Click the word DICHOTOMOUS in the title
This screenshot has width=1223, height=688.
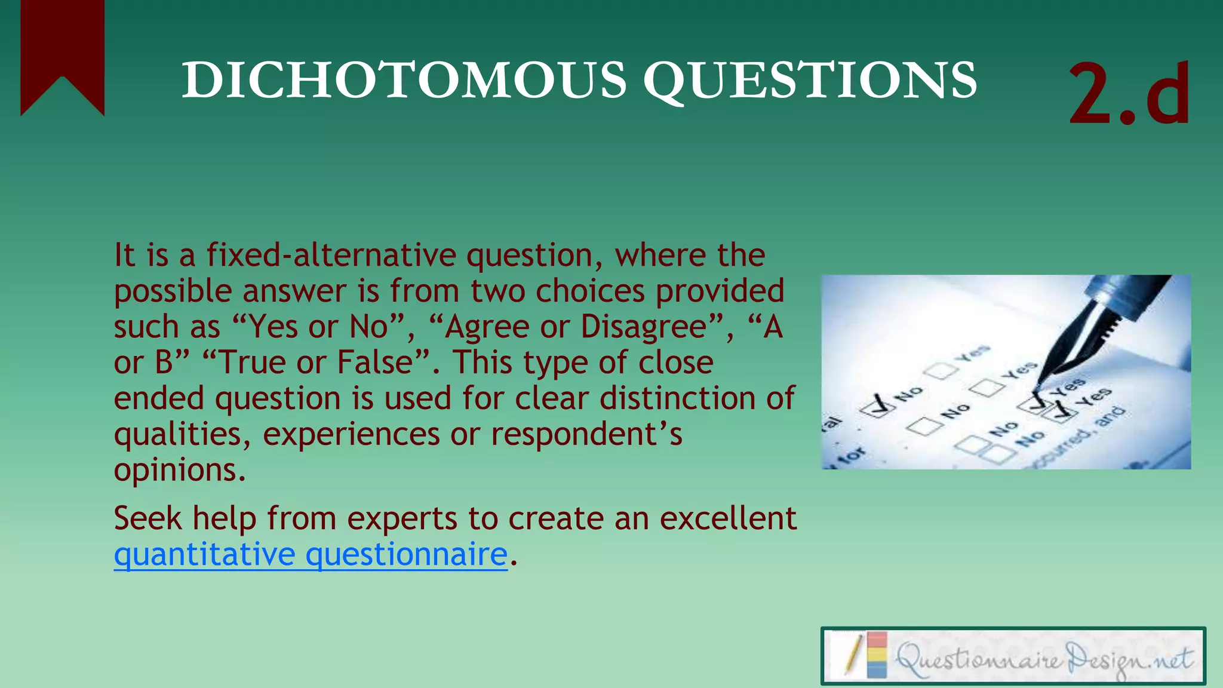click(404, 80)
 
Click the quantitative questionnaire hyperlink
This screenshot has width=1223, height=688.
click(311, 554)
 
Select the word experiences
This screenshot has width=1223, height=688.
click(351, 434)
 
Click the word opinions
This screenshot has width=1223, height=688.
click(179, 471)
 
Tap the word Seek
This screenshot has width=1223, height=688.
click(148, 518)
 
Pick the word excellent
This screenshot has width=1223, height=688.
click(728, 518)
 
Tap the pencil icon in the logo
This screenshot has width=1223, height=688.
click(854, 656)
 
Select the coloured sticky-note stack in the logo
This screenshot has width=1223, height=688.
click(877, 656)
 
